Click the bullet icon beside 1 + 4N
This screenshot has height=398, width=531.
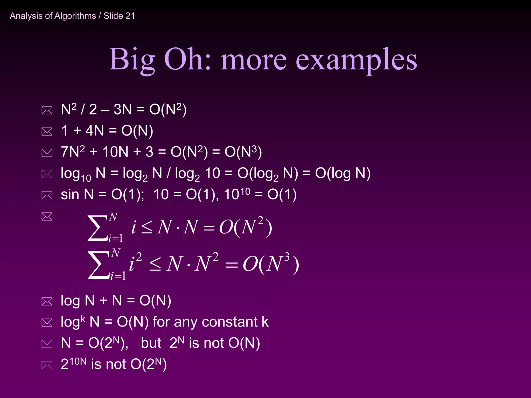[47, 131]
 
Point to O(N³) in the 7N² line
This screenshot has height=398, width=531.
[243, 152]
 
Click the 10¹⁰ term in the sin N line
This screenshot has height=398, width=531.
[237, 194]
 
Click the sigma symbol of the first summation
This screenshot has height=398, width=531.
[97, 228]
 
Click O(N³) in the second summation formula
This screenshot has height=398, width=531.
[271, 264]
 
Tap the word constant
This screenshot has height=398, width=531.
[229, 322]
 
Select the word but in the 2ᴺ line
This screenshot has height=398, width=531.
[151, 343]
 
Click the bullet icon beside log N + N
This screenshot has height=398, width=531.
[47, 301]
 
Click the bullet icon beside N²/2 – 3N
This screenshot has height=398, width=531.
[47, 110]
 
